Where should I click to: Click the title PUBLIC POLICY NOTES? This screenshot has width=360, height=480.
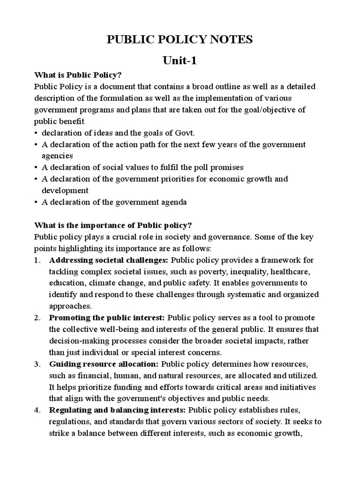point(180,40)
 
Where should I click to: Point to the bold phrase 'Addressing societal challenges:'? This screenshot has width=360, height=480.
point(109,260)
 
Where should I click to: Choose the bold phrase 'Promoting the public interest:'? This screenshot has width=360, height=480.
point(107,318)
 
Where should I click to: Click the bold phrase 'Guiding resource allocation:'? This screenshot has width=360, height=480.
point(104,364)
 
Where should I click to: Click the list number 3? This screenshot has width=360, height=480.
point(37,364)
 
